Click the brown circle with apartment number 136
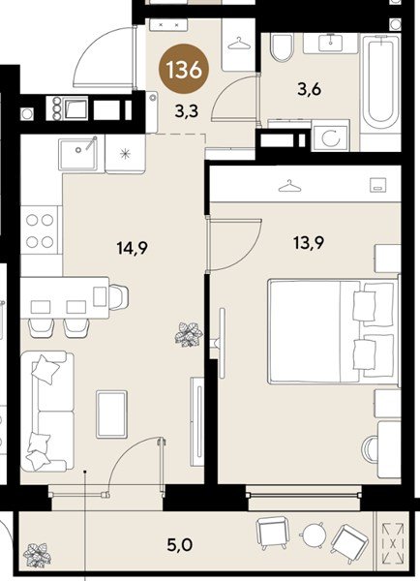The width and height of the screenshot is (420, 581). pyautogui.click(x=184, y=71)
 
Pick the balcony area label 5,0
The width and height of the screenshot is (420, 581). pyautogui.click(x=180, y=545)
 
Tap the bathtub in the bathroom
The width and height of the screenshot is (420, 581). pyautogui.click(x=382, y=81)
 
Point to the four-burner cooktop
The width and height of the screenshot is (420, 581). pyautogui.click(x=40, y=230)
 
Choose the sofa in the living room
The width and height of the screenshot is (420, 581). pyautogui.click(x=47, y=411)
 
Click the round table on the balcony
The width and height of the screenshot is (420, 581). pyautogui.click(x=314, y=535)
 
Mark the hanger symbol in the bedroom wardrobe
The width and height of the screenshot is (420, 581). pyautogui.click(x=286, y=186)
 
